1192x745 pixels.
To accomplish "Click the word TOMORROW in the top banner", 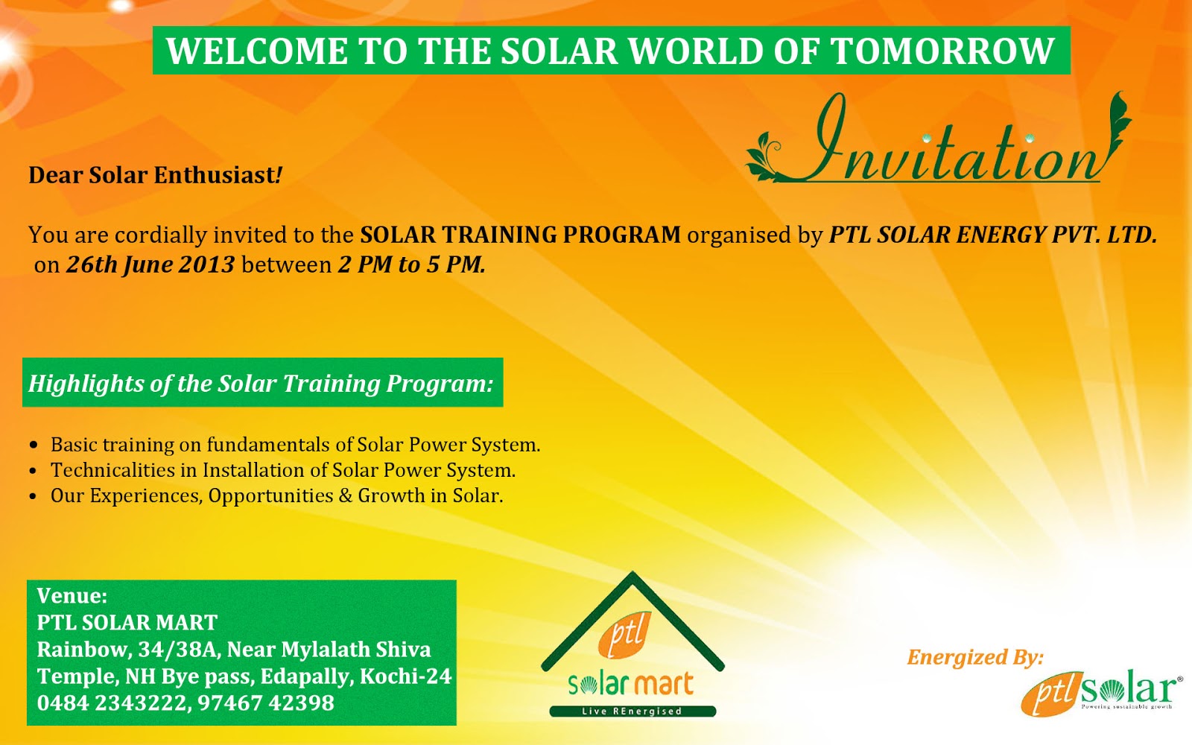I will coord(942,51).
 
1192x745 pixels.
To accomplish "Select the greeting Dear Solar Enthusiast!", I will coord(156,175).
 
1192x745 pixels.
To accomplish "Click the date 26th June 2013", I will coord(150,264).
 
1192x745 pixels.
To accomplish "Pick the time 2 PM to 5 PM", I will coord(411,264).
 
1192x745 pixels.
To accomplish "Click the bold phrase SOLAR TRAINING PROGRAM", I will coord(520,235).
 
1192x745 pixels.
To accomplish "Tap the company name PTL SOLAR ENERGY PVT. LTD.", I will coord(992,235).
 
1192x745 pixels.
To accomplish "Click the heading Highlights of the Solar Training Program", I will coord(261,383).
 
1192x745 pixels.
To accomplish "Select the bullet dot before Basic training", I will coord(33,446).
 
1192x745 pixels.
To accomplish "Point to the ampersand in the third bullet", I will coord(345,495).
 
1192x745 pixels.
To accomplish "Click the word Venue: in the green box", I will coord(72,595).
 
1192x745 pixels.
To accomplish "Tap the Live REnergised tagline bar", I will coord(632,711).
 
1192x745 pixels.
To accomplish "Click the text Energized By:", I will coord(974,657).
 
